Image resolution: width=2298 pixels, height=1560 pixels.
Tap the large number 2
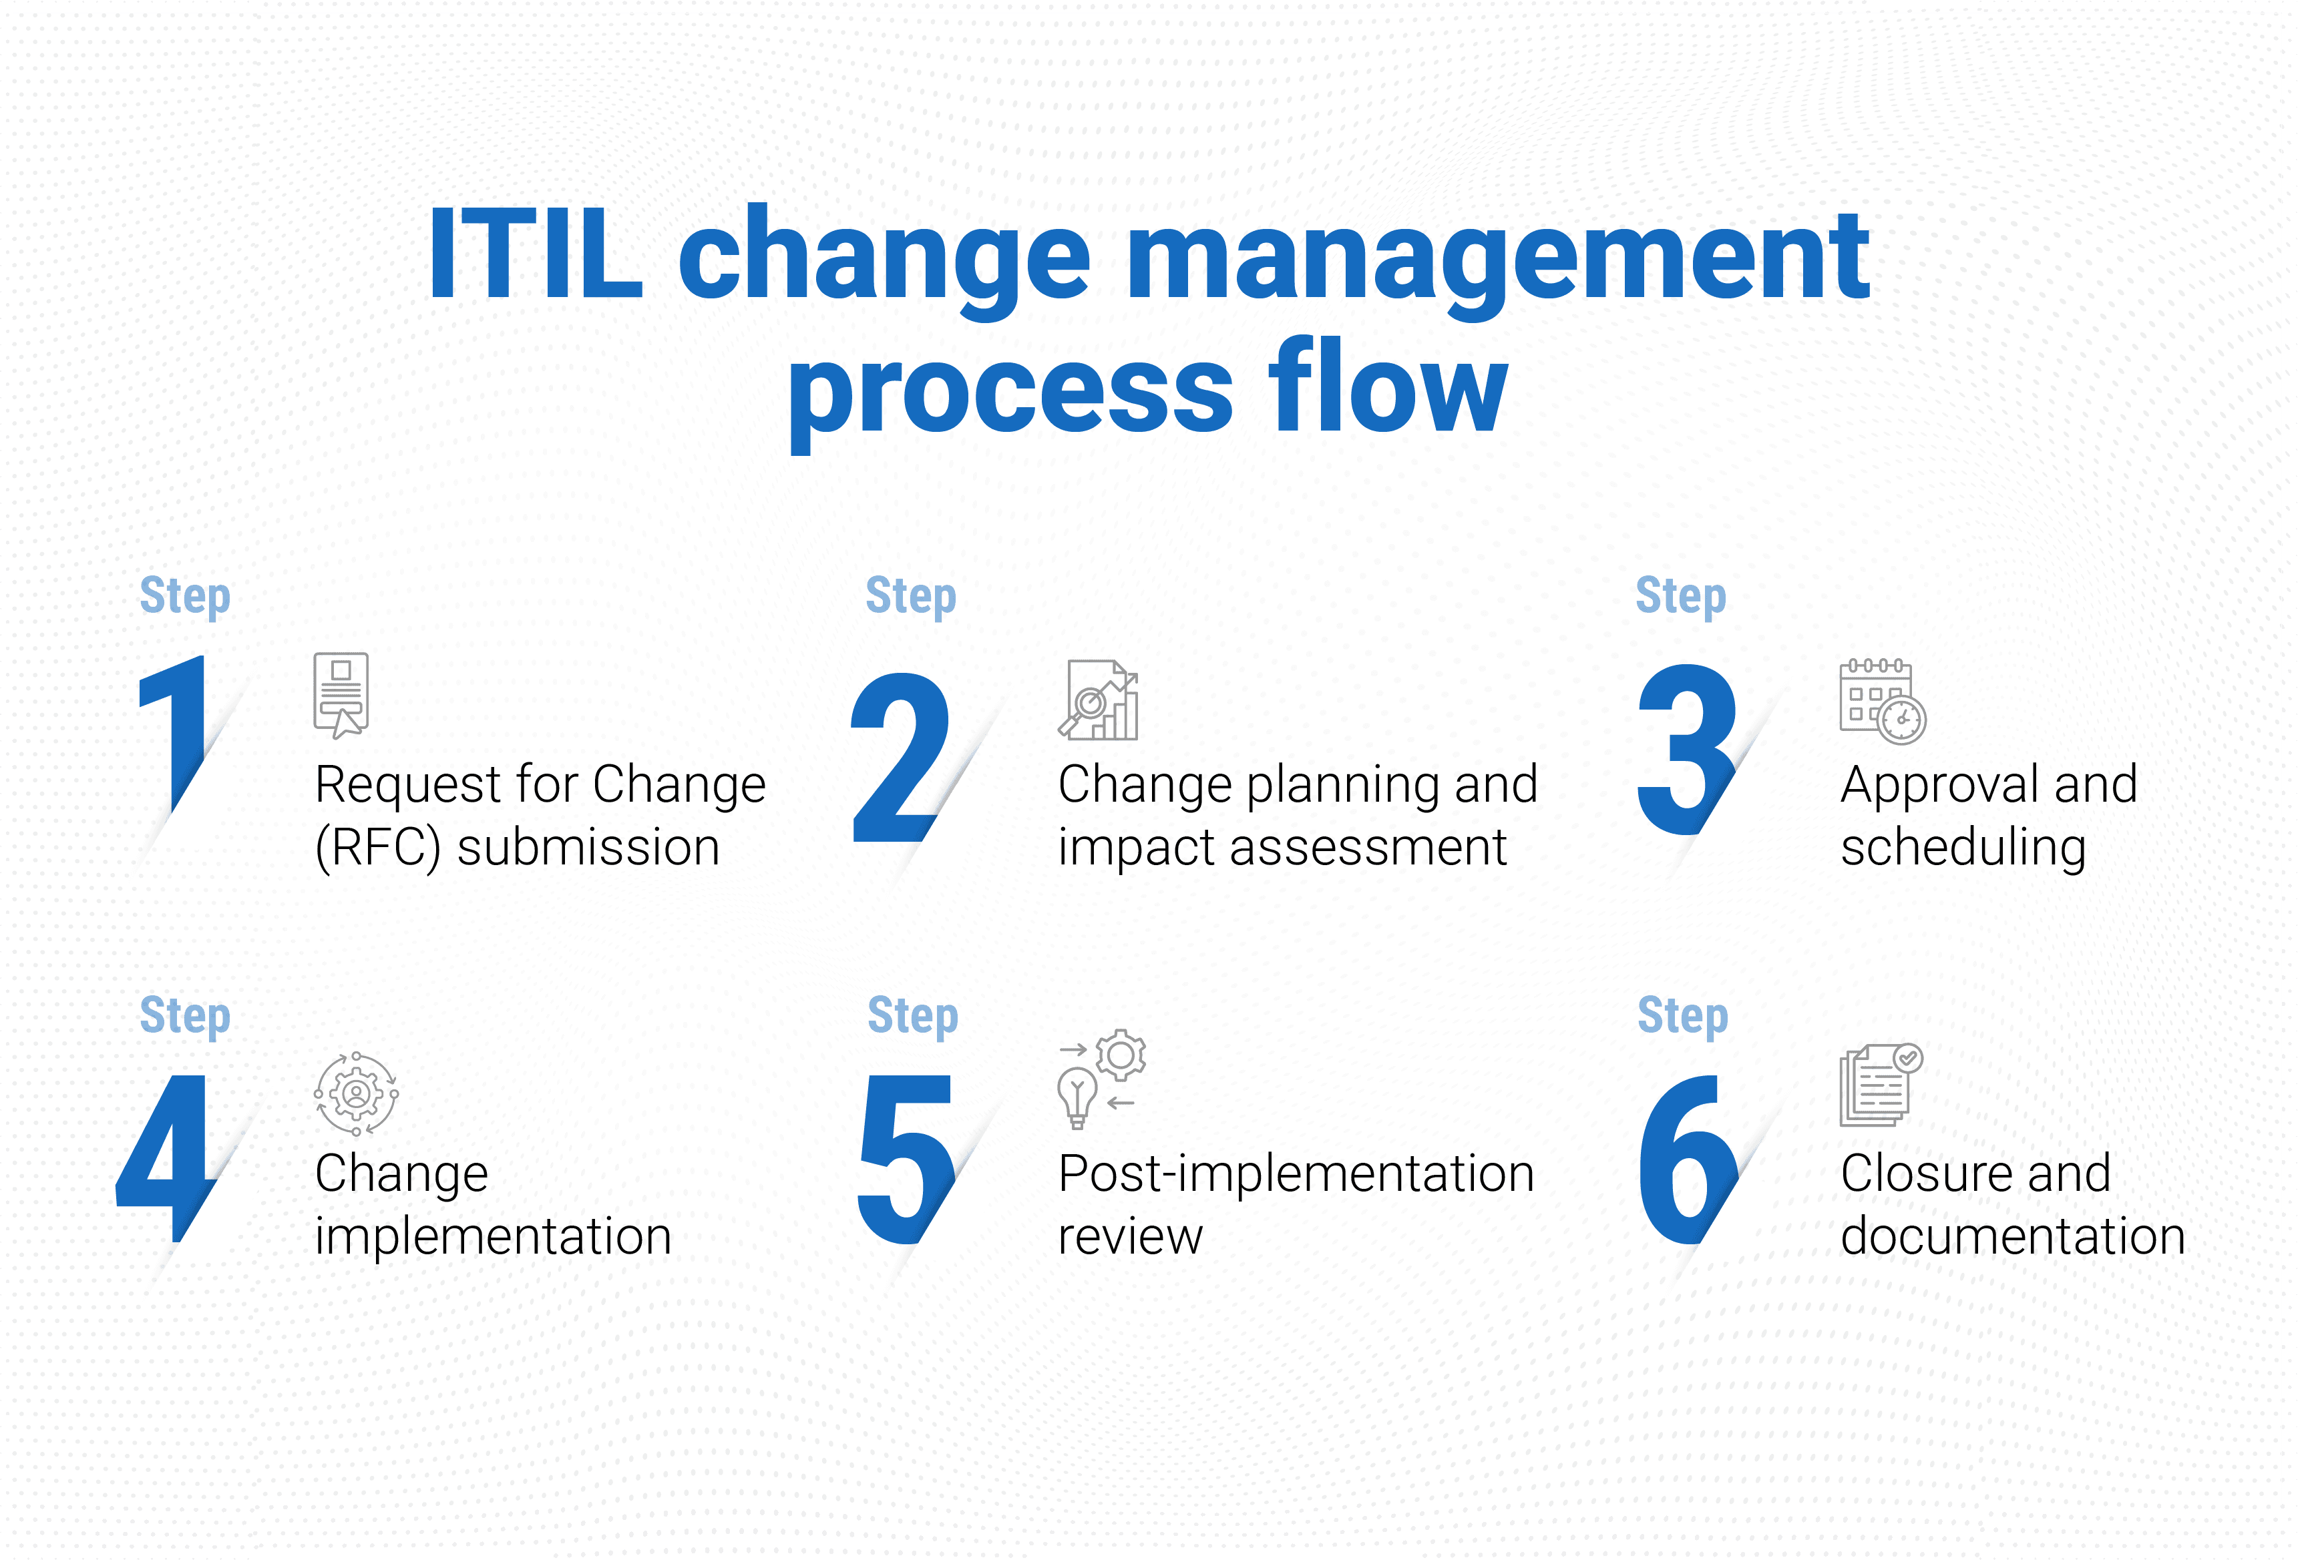click(901, 757)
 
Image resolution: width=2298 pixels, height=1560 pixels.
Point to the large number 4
click(166, 1157)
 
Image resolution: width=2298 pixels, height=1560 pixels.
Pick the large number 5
click(906, 1159)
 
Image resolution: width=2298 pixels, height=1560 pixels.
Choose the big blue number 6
click(1688, 1159)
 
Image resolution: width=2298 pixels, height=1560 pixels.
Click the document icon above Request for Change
click(341, 695)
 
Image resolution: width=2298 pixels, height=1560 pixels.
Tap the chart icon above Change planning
click(1099, 700)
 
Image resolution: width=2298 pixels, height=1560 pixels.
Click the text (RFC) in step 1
click(378, 847)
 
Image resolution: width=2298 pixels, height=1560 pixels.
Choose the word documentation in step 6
click(2012, 1236)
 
